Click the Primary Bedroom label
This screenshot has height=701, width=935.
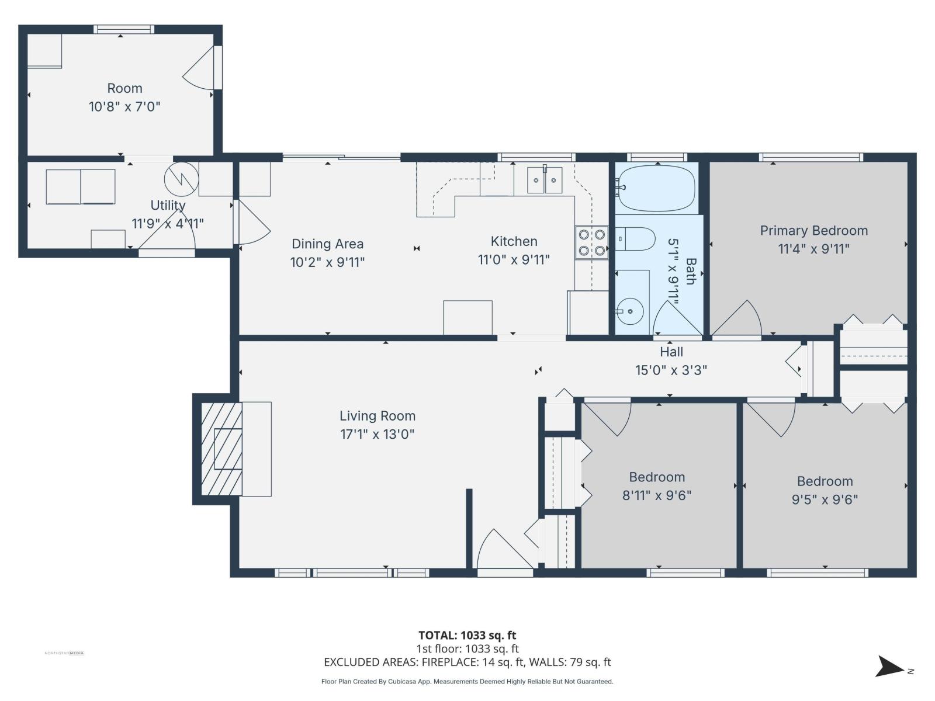813,231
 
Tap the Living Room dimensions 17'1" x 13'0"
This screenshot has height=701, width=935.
377,434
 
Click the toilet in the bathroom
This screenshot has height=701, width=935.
637,239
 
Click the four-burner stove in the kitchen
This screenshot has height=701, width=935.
591,243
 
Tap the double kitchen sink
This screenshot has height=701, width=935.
545,180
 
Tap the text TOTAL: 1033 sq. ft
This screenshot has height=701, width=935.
467,635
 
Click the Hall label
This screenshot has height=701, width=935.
671,352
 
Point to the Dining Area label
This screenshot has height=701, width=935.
327,244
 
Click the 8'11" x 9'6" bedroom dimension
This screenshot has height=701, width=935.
657,495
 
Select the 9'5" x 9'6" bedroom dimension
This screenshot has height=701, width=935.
825,499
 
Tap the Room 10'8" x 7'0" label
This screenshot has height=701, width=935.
124,97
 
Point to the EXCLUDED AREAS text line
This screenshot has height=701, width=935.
467,662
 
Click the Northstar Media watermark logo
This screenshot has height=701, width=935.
64,653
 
